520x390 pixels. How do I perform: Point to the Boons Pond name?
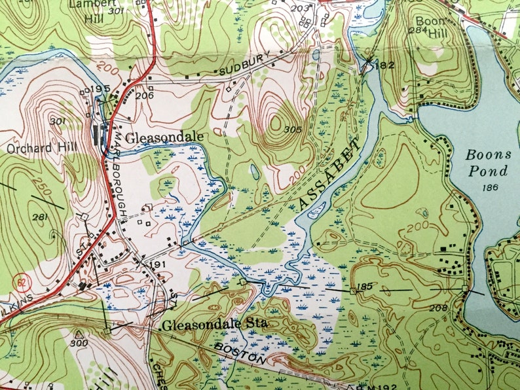(x=487, y=163)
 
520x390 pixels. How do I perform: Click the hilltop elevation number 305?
(x=293, y=130)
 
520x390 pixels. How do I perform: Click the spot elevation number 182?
(x=386, y=65)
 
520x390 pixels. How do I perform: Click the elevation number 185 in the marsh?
(x=365, y=287)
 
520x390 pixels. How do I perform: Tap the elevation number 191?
(x=157, y=264)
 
